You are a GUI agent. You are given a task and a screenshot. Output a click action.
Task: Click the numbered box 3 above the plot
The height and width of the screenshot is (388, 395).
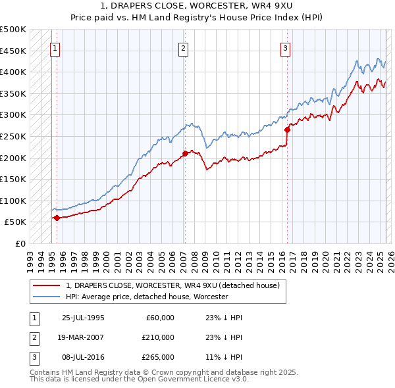pos(285,47)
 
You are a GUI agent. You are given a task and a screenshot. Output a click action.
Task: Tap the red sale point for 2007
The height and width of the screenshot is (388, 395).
pos(185,154)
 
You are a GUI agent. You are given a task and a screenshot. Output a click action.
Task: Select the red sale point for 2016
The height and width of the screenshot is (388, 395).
pos(287,130)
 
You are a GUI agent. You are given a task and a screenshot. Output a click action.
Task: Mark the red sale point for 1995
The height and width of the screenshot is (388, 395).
pos(57,218)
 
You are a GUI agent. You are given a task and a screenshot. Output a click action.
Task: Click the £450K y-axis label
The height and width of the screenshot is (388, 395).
pos(13,51)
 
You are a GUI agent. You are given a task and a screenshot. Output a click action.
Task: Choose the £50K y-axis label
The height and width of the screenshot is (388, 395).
pos(16,222)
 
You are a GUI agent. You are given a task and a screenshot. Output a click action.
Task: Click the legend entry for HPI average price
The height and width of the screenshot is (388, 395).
pos(146,297)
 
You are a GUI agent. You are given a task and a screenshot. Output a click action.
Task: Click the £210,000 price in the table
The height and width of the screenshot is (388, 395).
pos(159,337)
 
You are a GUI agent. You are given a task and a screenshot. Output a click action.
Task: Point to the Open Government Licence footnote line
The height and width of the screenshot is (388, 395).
pos(140,379)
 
